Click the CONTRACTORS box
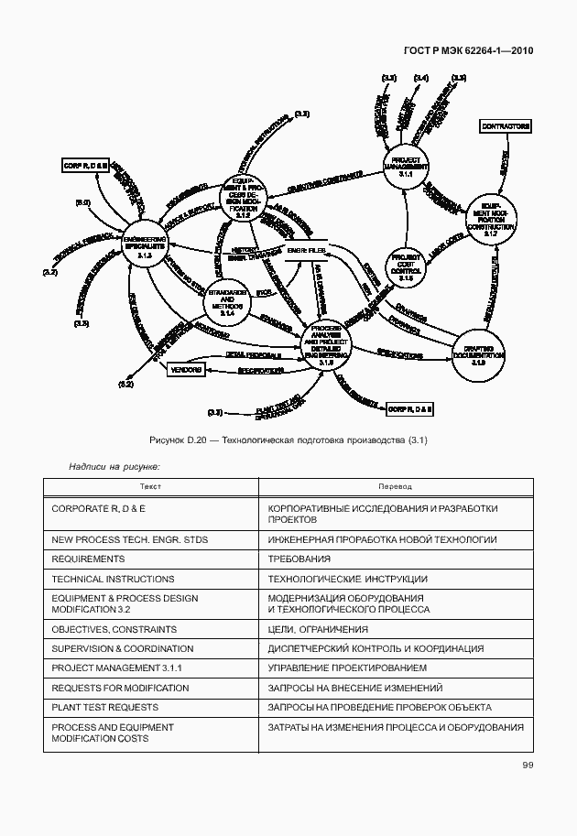[x=506, y=125]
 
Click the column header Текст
[x=150, y=487]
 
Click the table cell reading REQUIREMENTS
[x=88, y=559]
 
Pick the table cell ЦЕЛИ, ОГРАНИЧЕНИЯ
[x=318, y=630]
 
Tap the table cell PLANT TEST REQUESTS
[x=104, y=707]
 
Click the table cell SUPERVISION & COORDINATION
[x=120, y=649]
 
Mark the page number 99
[x=528, y=765]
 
